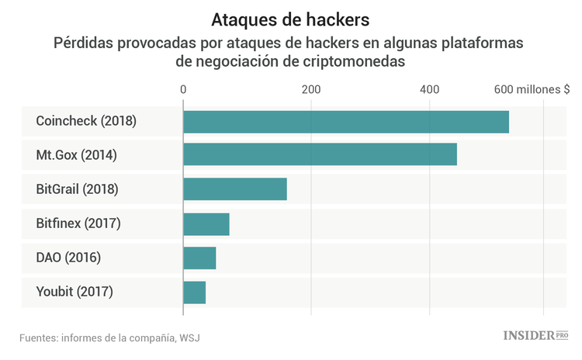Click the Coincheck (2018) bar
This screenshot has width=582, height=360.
coord(346,122)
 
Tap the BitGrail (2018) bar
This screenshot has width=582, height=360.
coord(235,189)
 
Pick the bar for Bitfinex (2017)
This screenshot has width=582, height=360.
coord(206,224)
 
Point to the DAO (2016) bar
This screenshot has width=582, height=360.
coord(199,258)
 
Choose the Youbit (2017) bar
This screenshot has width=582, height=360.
coord(195,292)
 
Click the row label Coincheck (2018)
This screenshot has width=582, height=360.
coord(86,122)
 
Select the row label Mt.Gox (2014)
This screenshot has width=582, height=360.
coord(76,155)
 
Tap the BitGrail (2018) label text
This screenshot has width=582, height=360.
coord(77,189)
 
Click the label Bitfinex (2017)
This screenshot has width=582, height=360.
coord(78,224)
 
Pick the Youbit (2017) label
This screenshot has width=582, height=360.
coord(74,292)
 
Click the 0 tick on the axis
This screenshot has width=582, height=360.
coord(183,89)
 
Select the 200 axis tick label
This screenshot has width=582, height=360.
coord(311,89)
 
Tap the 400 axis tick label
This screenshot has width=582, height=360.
coord(429,89)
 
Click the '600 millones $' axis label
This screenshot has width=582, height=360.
coord(532,89)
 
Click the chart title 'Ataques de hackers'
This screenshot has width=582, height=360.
coord(290,19)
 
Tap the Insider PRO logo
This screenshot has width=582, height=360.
coord(536,336)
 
